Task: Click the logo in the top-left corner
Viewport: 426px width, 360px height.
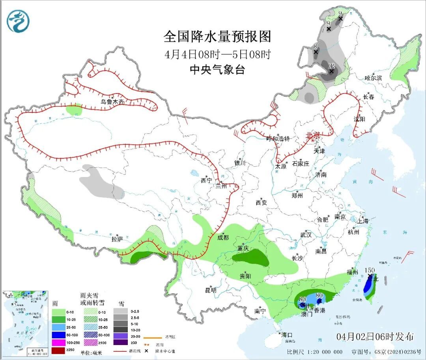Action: (x=18, y=21)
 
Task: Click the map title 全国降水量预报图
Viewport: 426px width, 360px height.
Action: (x=218, y=37)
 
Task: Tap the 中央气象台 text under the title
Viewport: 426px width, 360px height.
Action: (x=218, y=70)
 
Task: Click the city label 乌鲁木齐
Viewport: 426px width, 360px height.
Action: (x=112, y=102)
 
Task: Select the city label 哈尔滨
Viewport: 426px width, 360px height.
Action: (x=373, y=78)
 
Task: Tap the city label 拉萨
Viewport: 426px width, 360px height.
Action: (x=117, y=239)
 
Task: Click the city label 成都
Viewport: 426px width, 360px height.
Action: (x=223, y=237)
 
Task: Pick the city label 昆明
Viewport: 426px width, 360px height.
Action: (x=211, y=290)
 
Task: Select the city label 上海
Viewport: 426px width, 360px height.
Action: (x=362, y=221)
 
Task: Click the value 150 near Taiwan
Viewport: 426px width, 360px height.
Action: (x=370, y=270)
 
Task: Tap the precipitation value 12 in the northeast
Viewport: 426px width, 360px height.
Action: (x=331, y=65)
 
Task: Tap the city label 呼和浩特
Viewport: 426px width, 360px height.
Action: (x=278, y=139)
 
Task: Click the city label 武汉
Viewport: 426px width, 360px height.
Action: (x=306, y=235)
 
